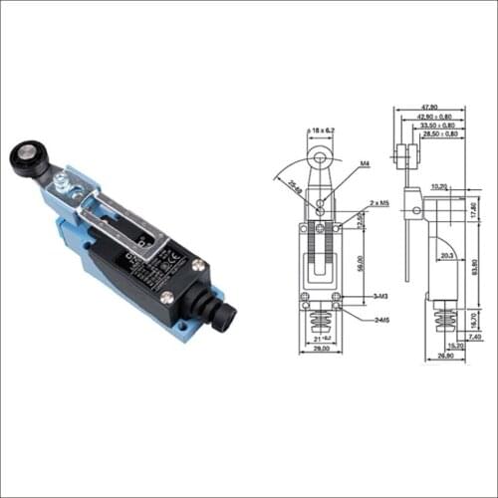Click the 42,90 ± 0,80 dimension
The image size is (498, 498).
pyautogui.click(x=437, y=117)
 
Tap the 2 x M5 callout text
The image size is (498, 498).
pyautogui.click(x=378, y=202)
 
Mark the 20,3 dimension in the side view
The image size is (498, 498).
pyautogui.click(x=446, y=256)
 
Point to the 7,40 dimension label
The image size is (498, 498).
pyautogui.click(x=475, y=337)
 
